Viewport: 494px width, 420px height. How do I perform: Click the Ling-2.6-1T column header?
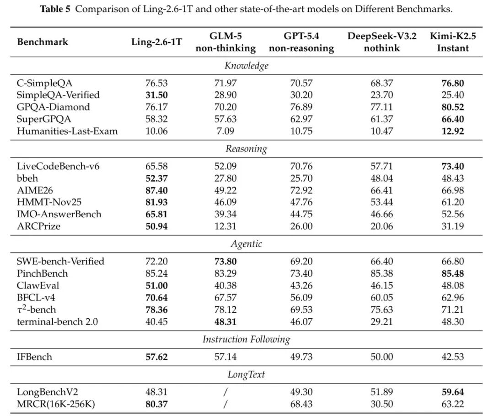[156, 42]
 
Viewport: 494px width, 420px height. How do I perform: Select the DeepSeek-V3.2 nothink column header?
[382, 42]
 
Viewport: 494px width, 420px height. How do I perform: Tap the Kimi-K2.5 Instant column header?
[453, 42]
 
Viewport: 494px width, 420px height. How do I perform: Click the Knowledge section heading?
[247, 66]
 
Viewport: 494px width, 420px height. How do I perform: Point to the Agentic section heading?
[247, 244]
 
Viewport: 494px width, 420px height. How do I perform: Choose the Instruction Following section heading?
[247, 339]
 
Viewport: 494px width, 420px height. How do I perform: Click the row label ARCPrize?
[38, 226]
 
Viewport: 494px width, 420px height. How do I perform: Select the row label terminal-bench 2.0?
[57, 321]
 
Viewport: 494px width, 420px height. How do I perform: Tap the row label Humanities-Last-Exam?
[67, 131]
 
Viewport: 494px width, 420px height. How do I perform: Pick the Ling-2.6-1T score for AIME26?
[156, 190]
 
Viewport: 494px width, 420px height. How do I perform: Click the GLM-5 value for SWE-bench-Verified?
[226, 261]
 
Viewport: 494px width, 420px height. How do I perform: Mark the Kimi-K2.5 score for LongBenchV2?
[453, 392]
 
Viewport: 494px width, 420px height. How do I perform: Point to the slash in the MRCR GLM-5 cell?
[225, 404]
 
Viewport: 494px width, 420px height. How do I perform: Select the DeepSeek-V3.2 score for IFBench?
[382, 357]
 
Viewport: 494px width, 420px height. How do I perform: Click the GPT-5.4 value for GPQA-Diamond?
[301, 107]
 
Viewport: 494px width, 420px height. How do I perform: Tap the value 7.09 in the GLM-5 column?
[226, 131]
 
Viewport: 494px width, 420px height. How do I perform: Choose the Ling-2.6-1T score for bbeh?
[156, 178]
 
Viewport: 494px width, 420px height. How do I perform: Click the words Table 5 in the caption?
[55, 9]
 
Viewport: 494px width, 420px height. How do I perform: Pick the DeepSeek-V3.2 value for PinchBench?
[382, 273]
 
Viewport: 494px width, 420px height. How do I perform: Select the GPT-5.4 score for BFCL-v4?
[301, 297]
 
